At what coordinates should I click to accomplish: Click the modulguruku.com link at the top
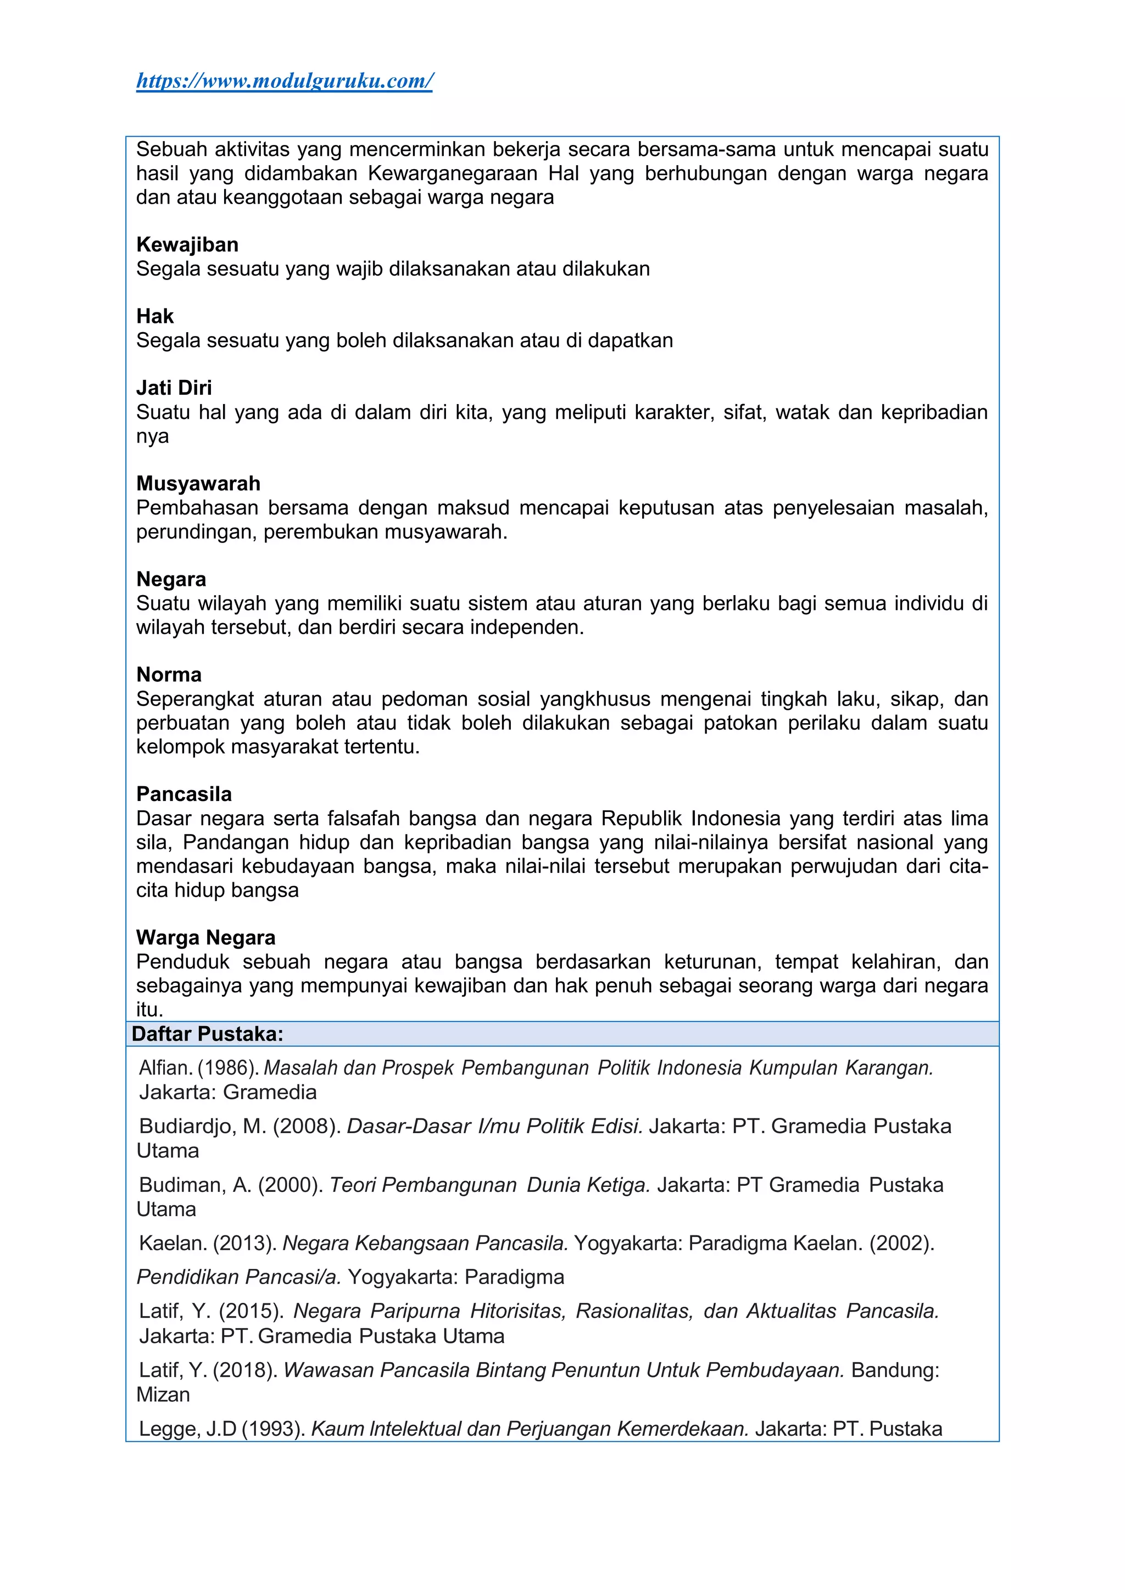284,81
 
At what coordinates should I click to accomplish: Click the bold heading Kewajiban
187,244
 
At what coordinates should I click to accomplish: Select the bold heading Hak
154,316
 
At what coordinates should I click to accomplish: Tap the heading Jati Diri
174,388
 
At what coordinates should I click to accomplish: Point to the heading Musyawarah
198,483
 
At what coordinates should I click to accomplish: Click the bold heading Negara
171,579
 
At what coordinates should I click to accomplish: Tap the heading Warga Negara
206,938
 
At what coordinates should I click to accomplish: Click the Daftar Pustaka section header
208,1034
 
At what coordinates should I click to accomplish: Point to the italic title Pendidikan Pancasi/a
238,1277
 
